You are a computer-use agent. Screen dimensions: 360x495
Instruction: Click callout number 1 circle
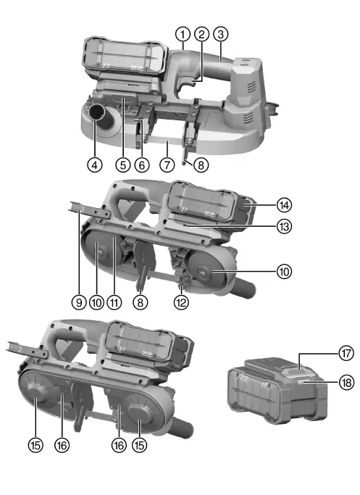pyautogui.click(x=183, y=34)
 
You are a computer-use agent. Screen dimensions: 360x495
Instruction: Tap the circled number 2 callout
pyautogui.click(x=202, y=34)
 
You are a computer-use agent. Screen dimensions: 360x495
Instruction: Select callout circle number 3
pyautogui.click(x=221, y=34)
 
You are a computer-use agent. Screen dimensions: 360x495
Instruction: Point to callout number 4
pyautogui.click(x=95, y=165)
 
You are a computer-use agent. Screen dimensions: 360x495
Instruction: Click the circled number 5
pyautogui.click(x=123, y=165)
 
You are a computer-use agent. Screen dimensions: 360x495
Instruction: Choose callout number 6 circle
pyautogui.click(x=142, y=165)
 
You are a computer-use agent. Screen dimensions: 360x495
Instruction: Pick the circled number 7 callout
pyautogui.click(x=167, y=165)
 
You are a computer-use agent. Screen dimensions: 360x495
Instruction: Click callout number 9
pyautogui.click(x=79, y=302)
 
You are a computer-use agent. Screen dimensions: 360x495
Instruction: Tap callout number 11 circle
pyautogui.click(x=114, y=302)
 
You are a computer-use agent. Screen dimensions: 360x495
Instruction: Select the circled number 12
pyautogui.click(x=181, y=302)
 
